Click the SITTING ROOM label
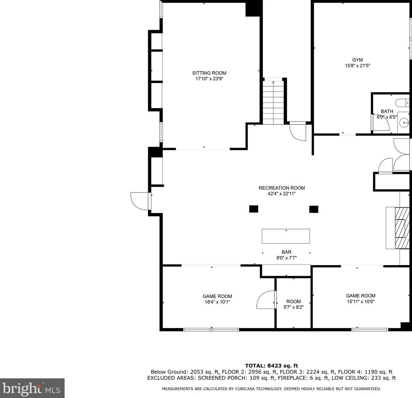[209, 73]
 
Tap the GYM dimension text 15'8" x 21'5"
[357, 66]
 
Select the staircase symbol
[273, 102]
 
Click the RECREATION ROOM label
[282, 188]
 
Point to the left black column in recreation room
[254, 209]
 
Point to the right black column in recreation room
[313, 209]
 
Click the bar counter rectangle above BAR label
[286, 236]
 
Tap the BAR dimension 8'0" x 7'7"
[286, 258]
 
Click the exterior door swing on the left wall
[140, 201]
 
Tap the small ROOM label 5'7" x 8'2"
[293, 301]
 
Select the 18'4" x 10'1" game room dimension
[217, 302]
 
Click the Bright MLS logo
[32, 388]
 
